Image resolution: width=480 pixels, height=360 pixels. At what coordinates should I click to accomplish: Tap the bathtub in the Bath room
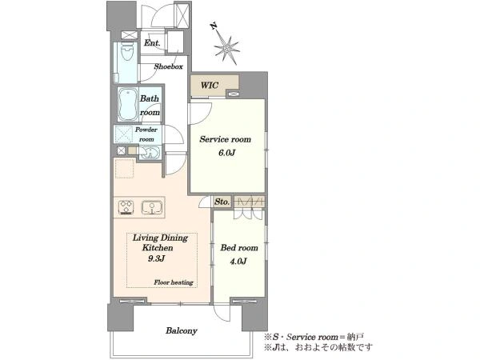coord(128,105)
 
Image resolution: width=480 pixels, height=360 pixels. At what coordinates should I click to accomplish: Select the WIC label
coord(210,85)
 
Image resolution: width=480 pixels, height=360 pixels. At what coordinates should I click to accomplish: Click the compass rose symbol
coord(227,50)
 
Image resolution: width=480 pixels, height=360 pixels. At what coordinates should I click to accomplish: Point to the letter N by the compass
coord(214,26)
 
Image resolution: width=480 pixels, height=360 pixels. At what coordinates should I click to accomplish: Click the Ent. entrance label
coord(152,43)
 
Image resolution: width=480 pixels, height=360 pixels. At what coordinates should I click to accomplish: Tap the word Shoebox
coord(168,66)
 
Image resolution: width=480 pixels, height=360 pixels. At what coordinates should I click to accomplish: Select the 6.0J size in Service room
coord(226,153)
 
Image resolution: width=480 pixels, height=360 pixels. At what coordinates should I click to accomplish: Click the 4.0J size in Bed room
coord(238,261)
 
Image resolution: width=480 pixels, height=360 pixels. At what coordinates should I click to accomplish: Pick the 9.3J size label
coord(157,258)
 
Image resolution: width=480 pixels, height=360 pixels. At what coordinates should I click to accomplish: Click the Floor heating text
coord(174,282)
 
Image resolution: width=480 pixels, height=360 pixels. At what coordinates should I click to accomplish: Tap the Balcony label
coord(182,330)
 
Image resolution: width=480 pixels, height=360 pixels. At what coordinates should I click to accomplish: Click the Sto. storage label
coord(222,202)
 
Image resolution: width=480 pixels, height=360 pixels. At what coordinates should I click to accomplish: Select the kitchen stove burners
coord(126,207)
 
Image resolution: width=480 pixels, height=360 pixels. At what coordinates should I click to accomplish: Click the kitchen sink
coord(151,207)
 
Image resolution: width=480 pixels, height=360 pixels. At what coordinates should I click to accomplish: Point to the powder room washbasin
coord(150,153)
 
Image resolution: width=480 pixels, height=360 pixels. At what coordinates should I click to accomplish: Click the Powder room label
coord(146,134)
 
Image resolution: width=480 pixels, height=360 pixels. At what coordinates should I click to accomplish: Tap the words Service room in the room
coord(225,139)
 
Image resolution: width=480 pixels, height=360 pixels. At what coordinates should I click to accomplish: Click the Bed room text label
coord(239,248)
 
